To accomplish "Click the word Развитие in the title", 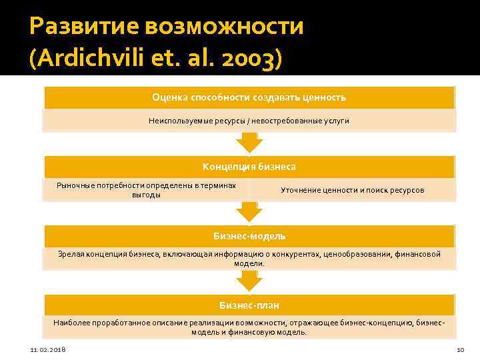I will pyautogui.click(x=77, y=27).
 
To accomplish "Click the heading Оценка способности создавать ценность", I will pyautogui.click(x=249, y=97).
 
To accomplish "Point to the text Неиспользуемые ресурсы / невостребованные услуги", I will pyautogui.click(x=249, y=121).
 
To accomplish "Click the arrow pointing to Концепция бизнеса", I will pyautogui.click(x=249, y=142).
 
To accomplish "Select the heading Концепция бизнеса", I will pyautogui.click(x=249, y=167).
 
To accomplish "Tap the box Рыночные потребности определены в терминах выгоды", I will pyautogui.click(x=147, y=190).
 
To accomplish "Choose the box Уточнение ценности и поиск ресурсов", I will pyautogui.click(x=352, y=190).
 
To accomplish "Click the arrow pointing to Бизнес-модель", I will pyautogui.click(x=249, y=212).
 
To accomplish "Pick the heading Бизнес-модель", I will pyautogui.click(x=249, y=236).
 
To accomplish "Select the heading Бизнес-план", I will pyautogui.click(x=249, y=305).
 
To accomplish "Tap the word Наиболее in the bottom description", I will pyautogui.click(x=69, y=322).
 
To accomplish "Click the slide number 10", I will pyautogui.click(x=459, y=350).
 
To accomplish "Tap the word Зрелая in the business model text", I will pyautogui.click(x=69, y=253).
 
